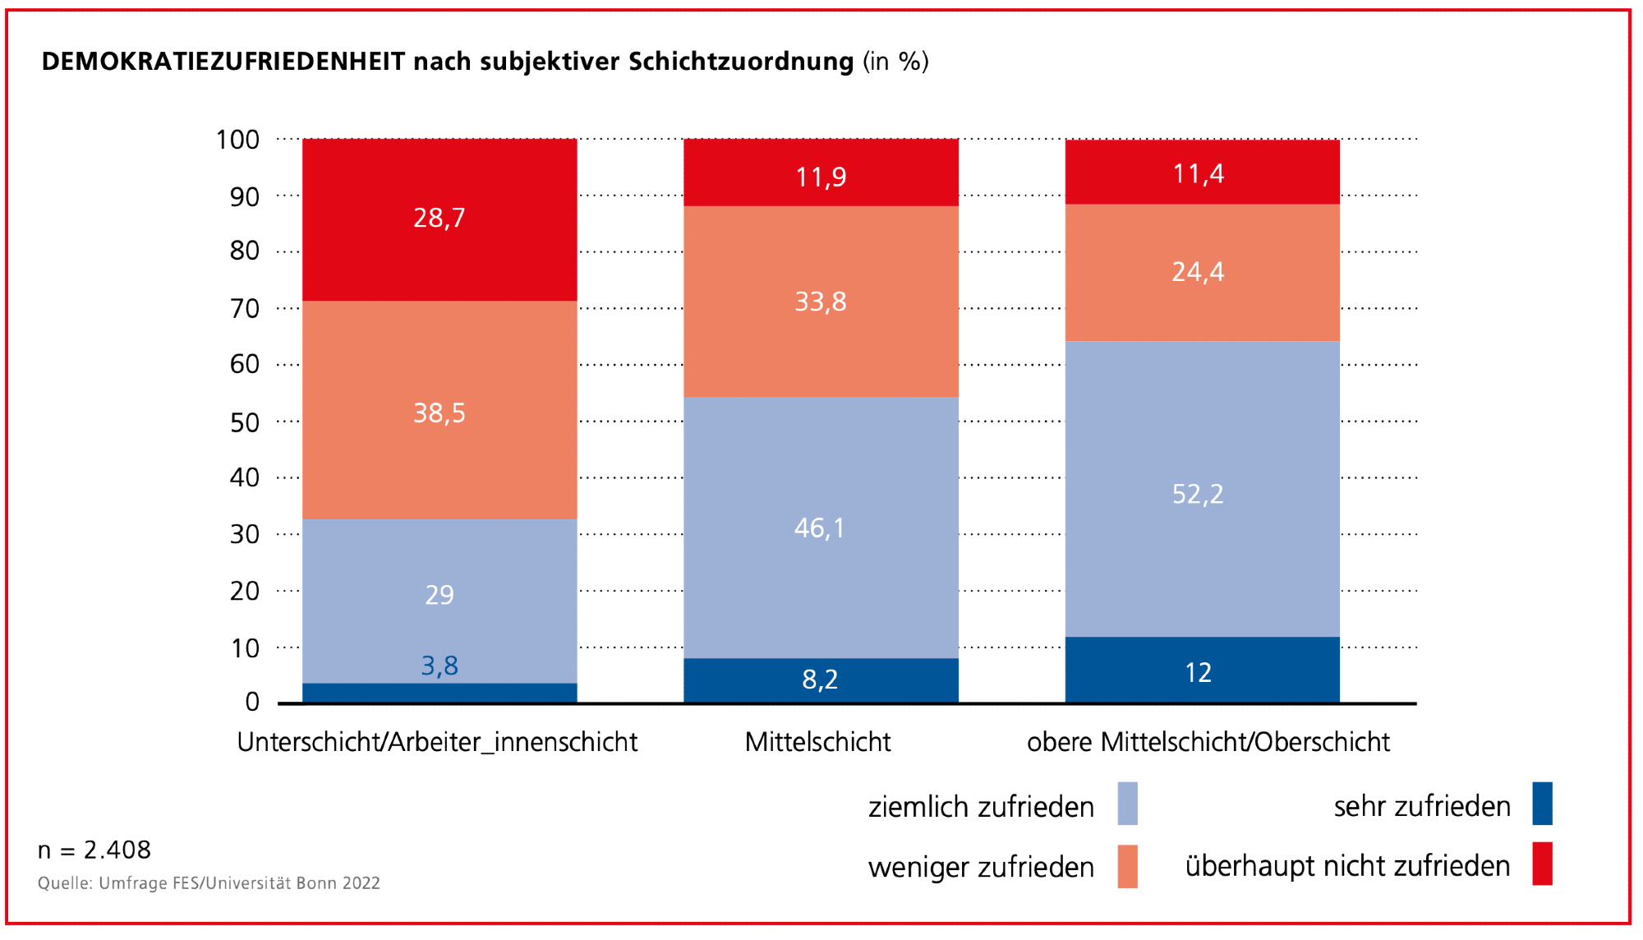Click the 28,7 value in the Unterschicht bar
pos(440,218)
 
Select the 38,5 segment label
pos(440,412)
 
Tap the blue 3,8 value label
pos(440,666)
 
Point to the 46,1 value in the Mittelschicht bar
pos(820,528)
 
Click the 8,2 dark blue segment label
pos(820,680)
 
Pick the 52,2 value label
pos(1198,494)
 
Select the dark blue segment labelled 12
pos(1199,673)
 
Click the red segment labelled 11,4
pos(1199,173)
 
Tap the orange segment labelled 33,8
pos(820,302)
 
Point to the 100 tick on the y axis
pos(237,140)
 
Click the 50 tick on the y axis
pos(244,422)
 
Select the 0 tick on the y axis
pos(252,702)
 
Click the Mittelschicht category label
pos(817,742)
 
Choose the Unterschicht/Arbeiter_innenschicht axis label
pos(437,742)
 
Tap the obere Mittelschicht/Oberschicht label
pos(1208,742)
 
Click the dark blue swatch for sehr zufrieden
pos(1542,804)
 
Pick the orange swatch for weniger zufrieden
pos(1127,866)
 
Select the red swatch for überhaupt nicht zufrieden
pos(1542,864)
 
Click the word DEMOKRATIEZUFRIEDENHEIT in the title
pos(223,62)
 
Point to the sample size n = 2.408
pos(94,850)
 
